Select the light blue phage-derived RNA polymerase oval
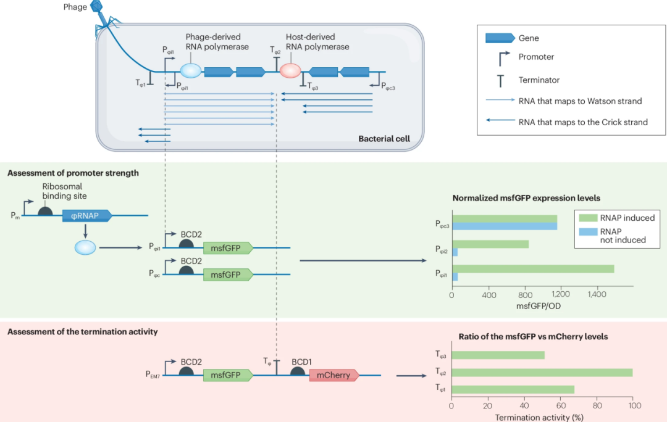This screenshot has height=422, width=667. point(191,71)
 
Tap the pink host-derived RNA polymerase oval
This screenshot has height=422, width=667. point(290,71)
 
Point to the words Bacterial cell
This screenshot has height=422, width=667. point(384,139)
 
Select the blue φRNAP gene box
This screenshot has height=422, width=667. point(86,215)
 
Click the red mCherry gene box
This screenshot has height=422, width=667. point(333,374)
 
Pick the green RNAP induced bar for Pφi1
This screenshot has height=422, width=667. point(533,268)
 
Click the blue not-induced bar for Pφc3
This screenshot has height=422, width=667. point(505,226)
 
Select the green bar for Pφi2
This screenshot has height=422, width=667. point(490,244)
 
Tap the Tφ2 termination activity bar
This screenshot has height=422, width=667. point(542,372)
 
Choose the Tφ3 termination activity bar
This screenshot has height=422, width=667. point(498,355)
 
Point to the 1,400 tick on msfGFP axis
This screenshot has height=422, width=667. point(597,296)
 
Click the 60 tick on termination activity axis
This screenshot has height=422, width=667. point(561,407)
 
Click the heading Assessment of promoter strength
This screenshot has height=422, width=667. point(73,173)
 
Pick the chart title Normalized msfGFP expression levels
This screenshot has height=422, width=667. point(526,199)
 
